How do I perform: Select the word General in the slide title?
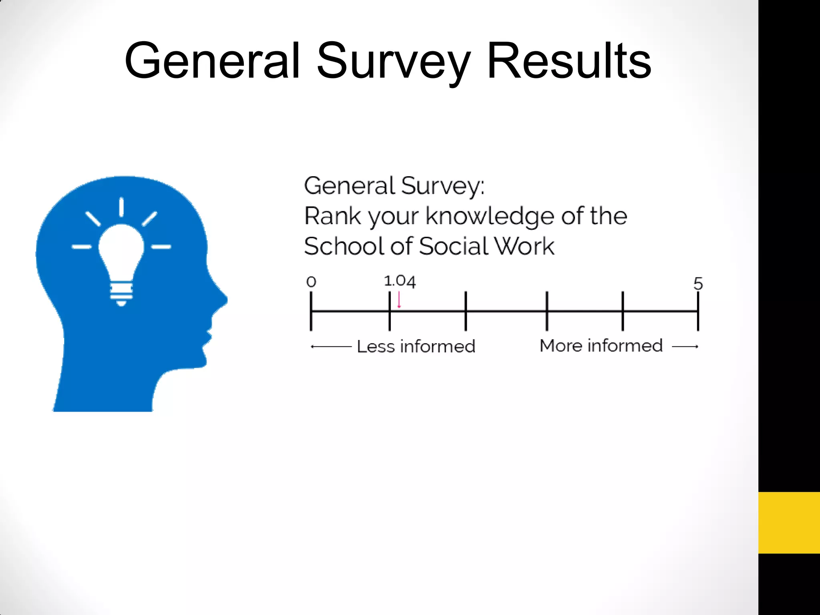(x=212, y=61)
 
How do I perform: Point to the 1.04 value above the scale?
(x=400, y=281)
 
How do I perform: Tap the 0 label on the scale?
(x=311, y=282)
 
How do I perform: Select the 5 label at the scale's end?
(x=698, y=283)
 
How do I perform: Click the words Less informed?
(x=416, y=346)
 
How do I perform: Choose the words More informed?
(x=601, y=346)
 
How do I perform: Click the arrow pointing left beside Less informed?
(x=331, y=347)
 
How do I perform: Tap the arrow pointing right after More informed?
(x=685, y=346)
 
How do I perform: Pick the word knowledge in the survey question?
(x=490, y=217)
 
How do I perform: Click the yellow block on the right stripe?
(x=789, y=523)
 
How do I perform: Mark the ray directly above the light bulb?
(x=121, y=207)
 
